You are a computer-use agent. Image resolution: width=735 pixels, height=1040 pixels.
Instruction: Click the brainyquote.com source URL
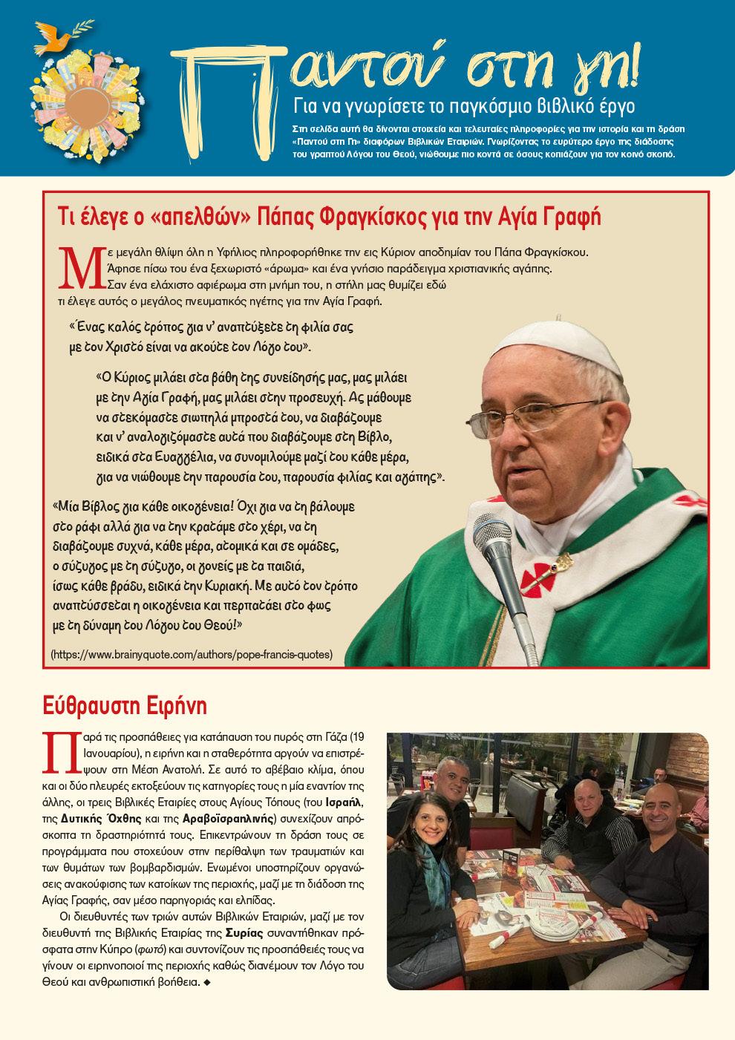[192, 655]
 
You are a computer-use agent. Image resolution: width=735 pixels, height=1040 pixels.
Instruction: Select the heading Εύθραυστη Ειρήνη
[125, 704]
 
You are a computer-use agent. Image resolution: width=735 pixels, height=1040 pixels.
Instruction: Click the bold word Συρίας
[246, 930]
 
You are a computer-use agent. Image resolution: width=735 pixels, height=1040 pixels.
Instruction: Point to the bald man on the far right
[662, 808]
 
